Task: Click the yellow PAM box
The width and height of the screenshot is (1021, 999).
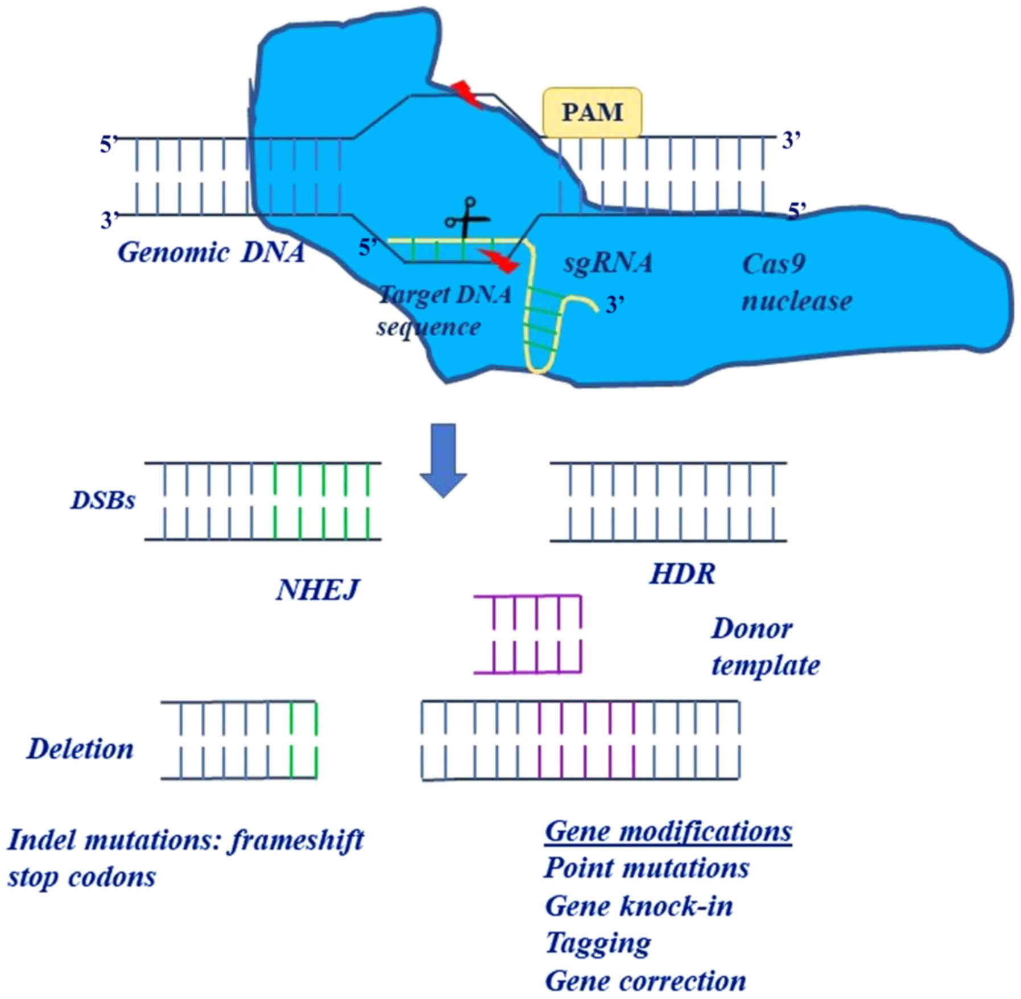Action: tap(592, 112)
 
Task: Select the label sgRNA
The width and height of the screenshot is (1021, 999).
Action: tap(607, 263)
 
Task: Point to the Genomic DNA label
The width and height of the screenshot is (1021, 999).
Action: tap(211, 252)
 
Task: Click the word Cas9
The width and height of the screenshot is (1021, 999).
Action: tap(774, 263)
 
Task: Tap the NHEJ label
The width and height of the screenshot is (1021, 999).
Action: tap(317, 589)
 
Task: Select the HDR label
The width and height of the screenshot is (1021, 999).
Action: tap(682, 573)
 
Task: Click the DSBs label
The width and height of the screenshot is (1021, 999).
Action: tap(103, 500)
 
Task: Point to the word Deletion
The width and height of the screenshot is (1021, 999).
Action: tap(80, 749)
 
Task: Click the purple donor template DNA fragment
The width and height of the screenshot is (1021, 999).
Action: tap(527, 634)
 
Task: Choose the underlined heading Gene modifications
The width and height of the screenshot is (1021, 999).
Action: tap(668, 831)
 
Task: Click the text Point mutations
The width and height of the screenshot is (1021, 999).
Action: tap(647, 868)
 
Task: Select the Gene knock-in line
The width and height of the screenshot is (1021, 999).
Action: tap(639, 906)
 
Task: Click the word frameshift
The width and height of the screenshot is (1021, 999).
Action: tap(296, 841)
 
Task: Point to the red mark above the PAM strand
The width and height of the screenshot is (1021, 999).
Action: tap(466, 94)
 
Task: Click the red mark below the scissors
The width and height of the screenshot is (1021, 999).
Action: tap(499, 260)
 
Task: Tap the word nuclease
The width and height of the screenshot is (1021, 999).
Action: tap(796, 300)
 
